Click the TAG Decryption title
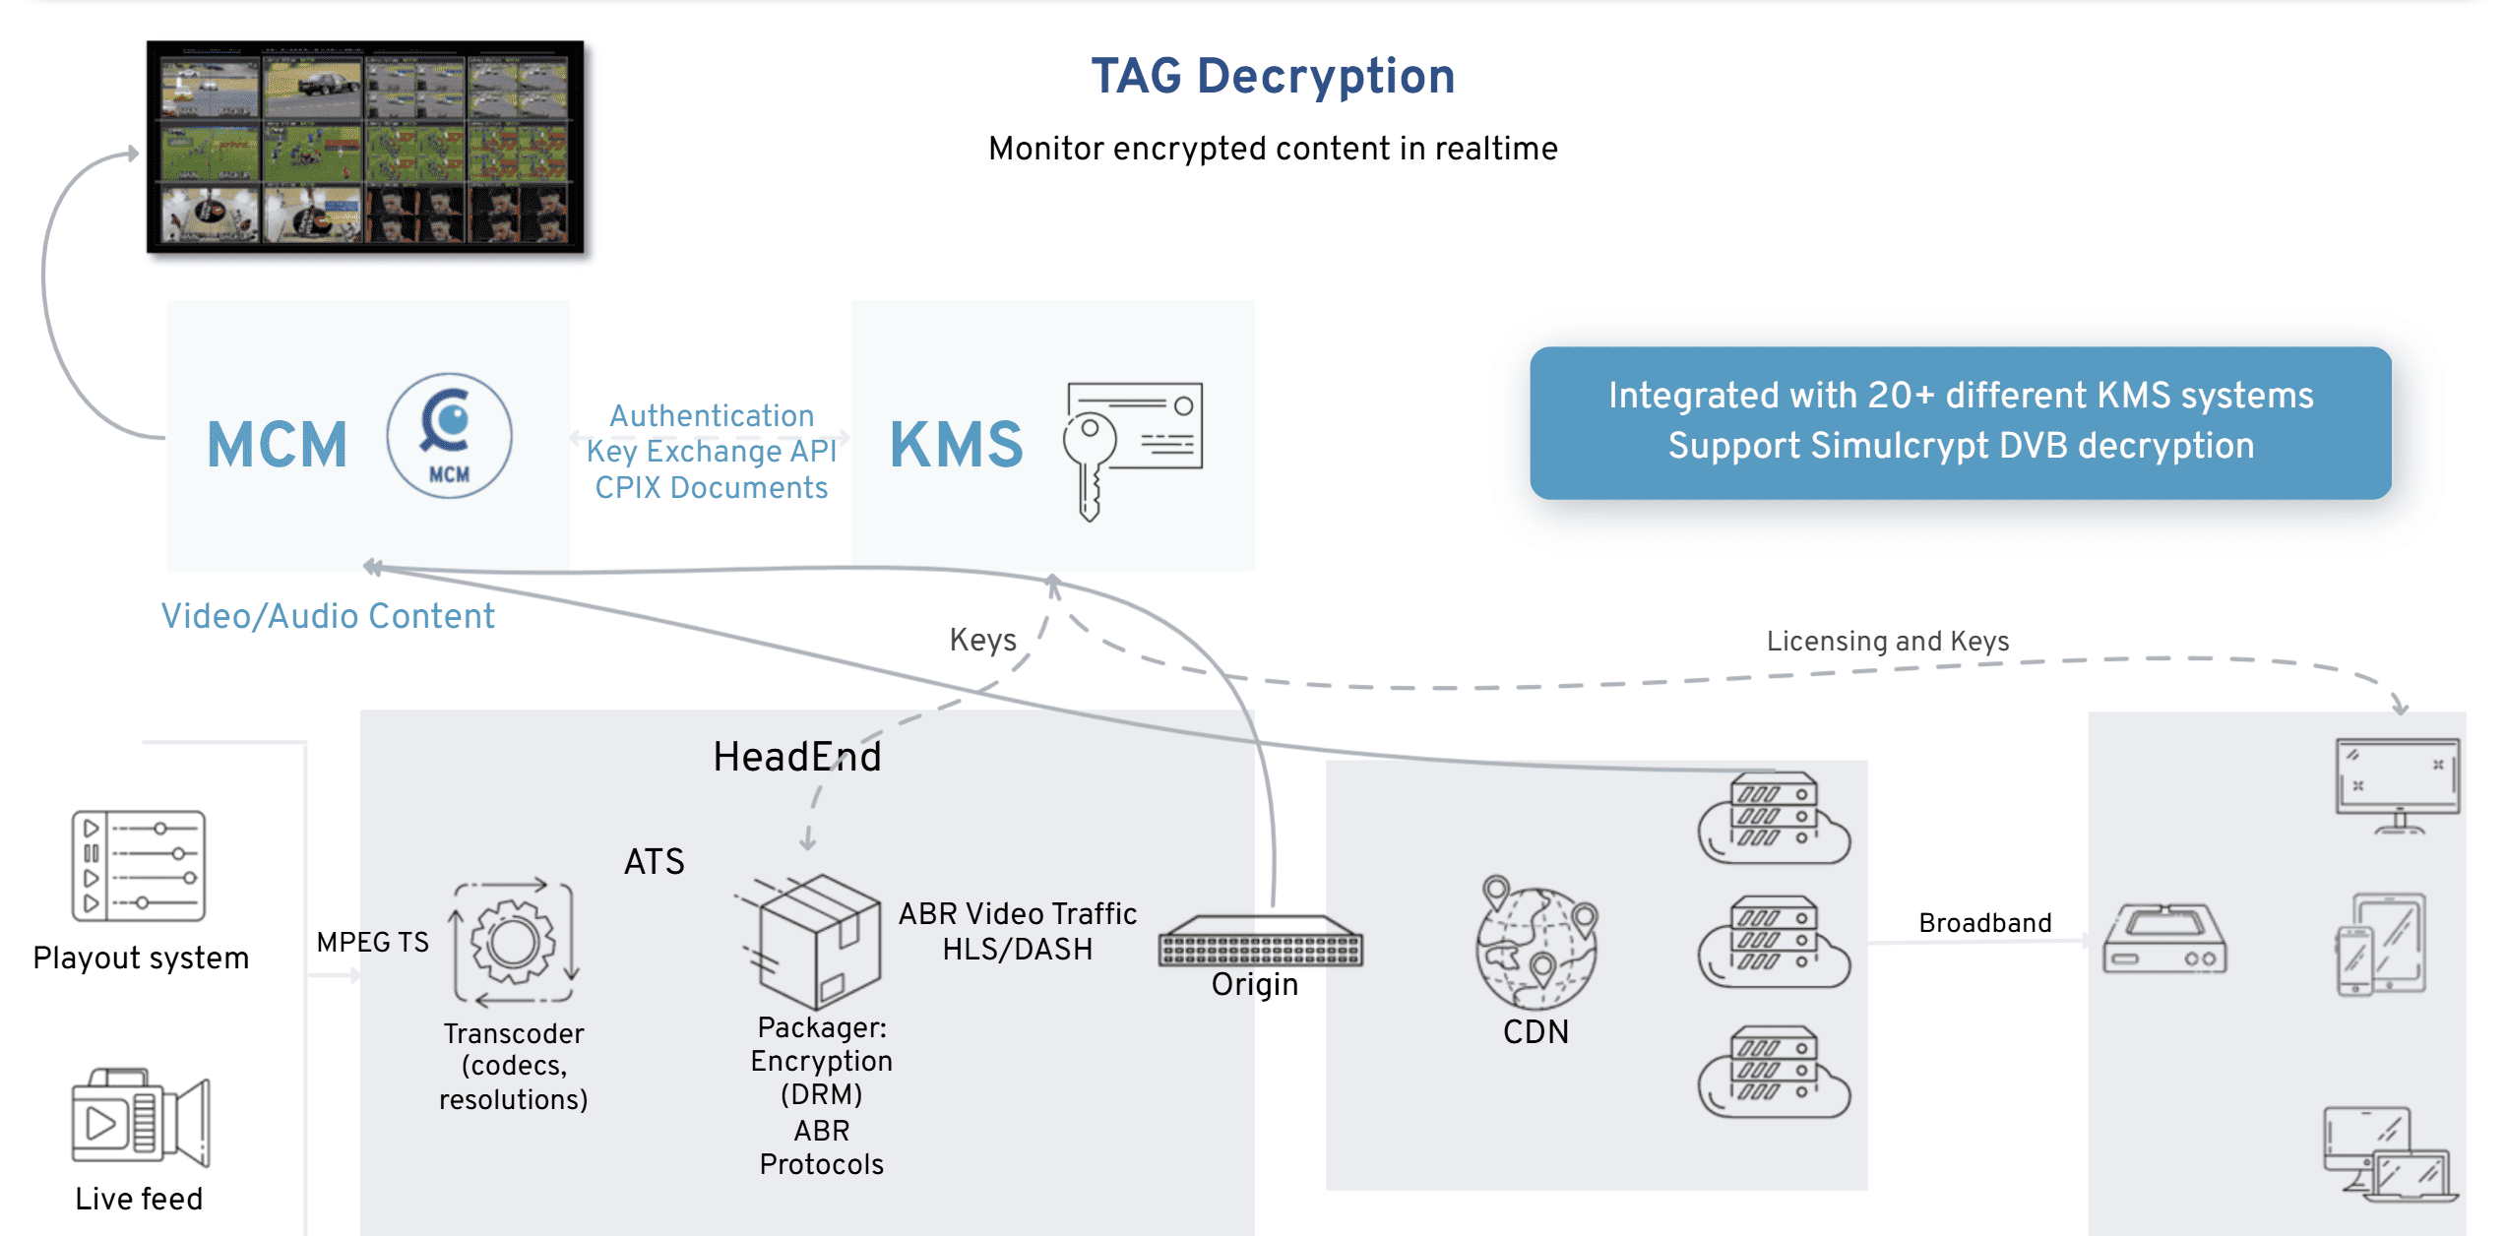pyautogui.click(x=1273, y=77)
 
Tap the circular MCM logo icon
pyautogui.click(x=449, y=436)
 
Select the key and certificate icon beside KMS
pyautogui.click(x=1133, y=448)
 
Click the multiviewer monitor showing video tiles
pyautogui.click(x=365, y=147)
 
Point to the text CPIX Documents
pyautogui.click(x=711, y=488)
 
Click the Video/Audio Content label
pyautogui.click(x=328, y=616)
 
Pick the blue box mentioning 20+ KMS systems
pyautogui.click(x=1960, y=422)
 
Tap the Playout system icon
pyautogui.click(x=139, y=866)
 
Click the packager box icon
pyautogui.click(x=816, y=940)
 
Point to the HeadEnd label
pyautogui.click(x=797, y=757)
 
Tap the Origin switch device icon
pyautogui.click(x=1261, y=942)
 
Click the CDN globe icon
pyautogui.click(x=1536, y=944)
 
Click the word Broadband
pyautogui.click(x=1984, y=923)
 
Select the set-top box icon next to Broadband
pyautogui.click(x=2164, y=939)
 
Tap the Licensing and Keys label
pyautogui.click(x=1887, y=642)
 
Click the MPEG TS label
pyautogui.click(x=372, y=943)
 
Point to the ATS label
pyautogui.click(x=654, y=862)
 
